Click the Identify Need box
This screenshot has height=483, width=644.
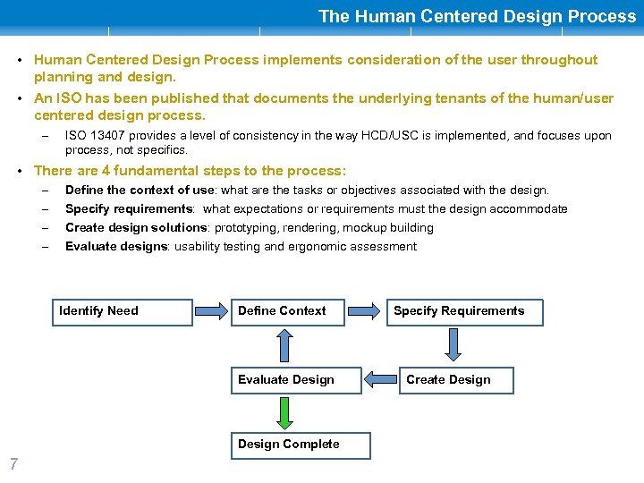click(122, 311)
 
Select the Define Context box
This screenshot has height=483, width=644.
click(287, 311)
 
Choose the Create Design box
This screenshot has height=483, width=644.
click(456, 380)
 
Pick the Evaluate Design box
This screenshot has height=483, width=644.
click(295, 380)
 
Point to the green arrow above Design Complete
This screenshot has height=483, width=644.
click(284, 412)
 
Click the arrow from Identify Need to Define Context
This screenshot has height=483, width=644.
click(212, 311)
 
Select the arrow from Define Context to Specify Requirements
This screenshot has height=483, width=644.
click(364, 311)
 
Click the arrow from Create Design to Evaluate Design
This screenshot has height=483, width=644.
click(379, 380)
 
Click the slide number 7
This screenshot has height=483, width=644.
click(13, 463)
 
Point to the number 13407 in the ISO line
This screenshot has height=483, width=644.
click(107, 136)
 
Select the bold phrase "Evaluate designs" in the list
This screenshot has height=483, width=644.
click(116, 247)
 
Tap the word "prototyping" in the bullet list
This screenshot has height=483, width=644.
click(246, 228)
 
